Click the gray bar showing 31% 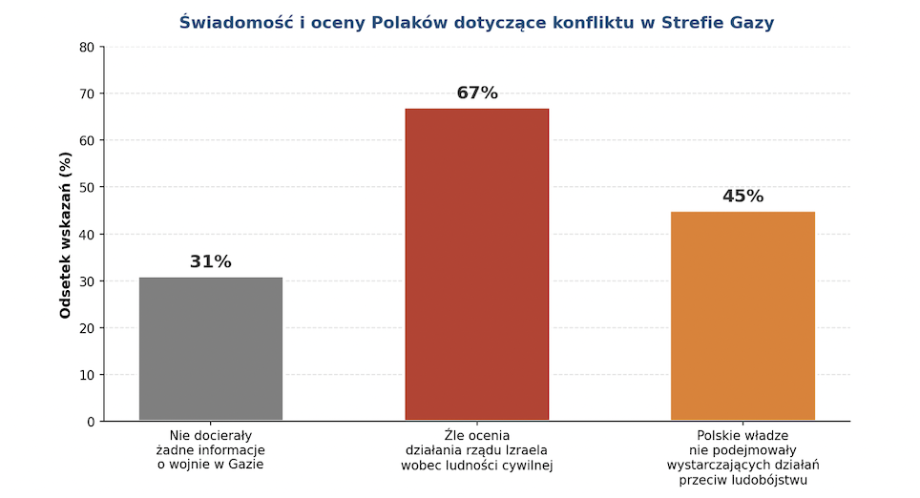(211, 348)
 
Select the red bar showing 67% (476, 264)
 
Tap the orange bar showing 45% (742, 316)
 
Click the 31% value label (211, 261)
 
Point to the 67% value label (476, 93)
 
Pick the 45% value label (742, 197)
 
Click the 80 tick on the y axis (87, 47)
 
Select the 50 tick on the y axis (87, 187)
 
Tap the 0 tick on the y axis (91, 422)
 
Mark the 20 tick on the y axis (87, 328)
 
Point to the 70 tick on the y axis (87, 93)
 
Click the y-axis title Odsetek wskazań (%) (66, 235)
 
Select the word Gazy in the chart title (778, 22)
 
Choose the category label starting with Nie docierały (211, 450)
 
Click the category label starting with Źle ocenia (476, 450)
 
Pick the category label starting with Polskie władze (742, 457)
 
